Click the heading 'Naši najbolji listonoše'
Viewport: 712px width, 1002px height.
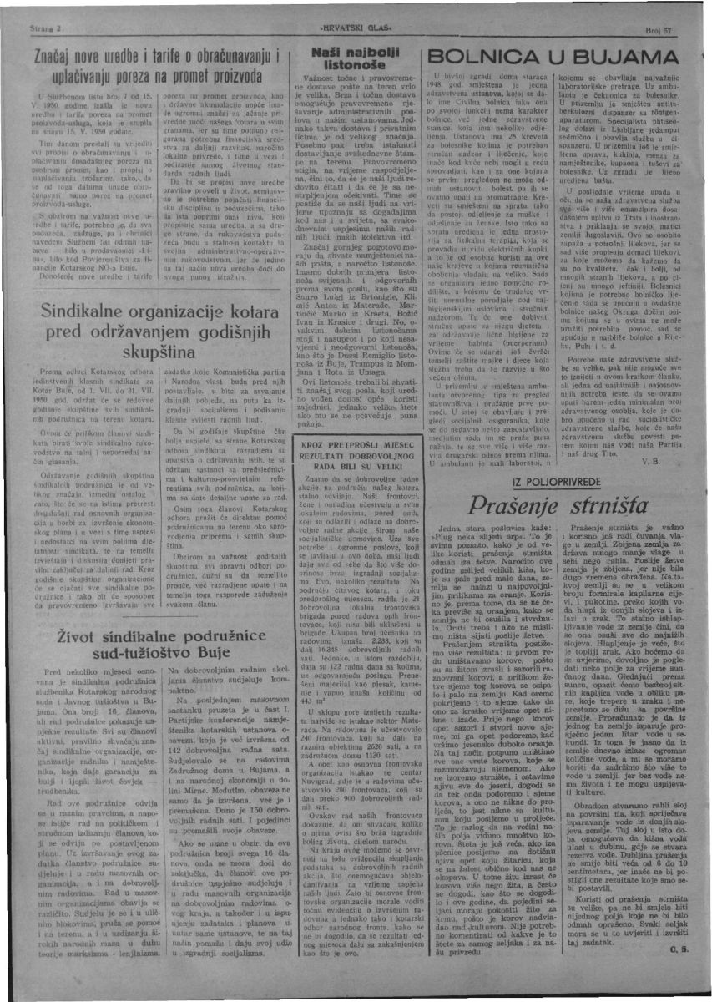[x=353, y=58]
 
